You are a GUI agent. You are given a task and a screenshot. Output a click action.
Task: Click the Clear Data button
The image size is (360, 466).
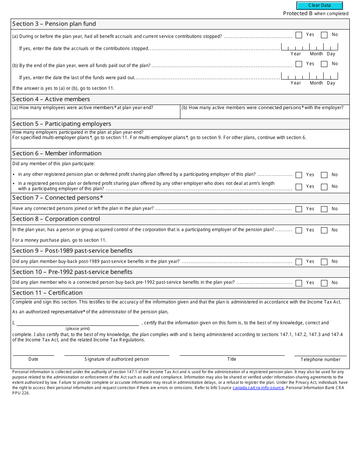tap(319, 6)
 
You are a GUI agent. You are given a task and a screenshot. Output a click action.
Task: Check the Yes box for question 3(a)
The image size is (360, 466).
tap(299, 35)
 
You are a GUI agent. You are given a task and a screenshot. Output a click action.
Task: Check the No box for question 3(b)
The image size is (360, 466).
tap(324, 64)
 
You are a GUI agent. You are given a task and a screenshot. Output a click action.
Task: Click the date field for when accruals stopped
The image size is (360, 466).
tap(309, 47)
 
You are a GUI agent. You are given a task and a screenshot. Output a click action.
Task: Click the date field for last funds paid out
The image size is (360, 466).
tap(309, 76)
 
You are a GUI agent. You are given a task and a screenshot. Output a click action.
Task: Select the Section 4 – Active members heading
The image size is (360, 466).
tap(51, 99)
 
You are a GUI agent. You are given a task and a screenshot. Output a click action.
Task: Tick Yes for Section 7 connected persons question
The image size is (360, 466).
tap(299, 209)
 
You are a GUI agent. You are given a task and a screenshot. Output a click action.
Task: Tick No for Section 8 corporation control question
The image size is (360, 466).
tap(324, 230)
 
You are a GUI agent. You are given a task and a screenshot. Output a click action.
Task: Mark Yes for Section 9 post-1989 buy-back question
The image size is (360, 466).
tap(299, 262)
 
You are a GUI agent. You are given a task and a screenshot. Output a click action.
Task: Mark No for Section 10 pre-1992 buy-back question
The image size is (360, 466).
tap(324, 283)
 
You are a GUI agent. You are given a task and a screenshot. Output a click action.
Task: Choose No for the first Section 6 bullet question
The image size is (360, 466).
tap(324, 175)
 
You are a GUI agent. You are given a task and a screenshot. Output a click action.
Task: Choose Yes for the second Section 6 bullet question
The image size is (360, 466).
tap(299, 187)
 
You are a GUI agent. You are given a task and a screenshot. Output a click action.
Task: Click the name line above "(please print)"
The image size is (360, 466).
tap(78, 323)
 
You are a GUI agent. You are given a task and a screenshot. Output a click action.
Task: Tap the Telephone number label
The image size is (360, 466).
tap(320, 360)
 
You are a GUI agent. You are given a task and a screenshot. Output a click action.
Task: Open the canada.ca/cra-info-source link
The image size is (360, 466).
tap(258, 388)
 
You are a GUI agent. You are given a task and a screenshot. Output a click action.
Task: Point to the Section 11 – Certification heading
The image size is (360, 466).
tap(47, 293)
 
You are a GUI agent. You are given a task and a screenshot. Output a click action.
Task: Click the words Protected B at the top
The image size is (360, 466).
tap(298, 14)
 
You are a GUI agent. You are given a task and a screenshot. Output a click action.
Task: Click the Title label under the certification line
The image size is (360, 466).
tap(232, 359)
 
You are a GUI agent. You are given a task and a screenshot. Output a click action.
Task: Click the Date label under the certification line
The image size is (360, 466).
tap(33, 359)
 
